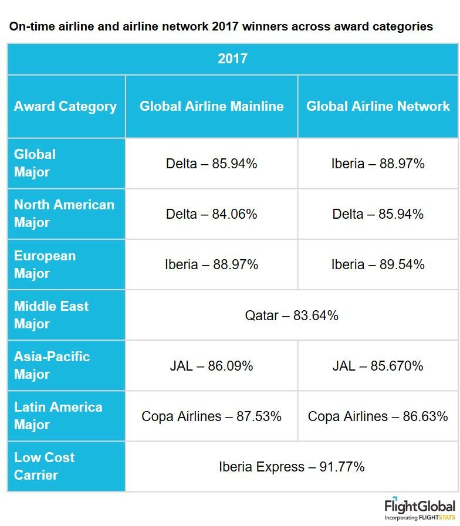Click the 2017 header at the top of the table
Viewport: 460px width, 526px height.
pyautogui.click(x=232, y=59)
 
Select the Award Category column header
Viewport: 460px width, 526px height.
pyautogui.click(x=65, y=106)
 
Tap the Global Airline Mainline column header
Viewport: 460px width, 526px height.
pyautogui.click(x=211, y=106)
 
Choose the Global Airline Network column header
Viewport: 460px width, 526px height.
pyautogui.click(x=378, y=106)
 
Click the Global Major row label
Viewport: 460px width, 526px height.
pyautogui.click(x=35, y=163)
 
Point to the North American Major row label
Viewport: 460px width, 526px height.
pyautogui.click(x=64, y=213)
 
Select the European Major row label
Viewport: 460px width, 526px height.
pyautogui.click(x=45, y=264)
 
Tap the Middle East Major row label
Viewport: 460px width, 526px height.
pyautogui.click(x=51, y=315)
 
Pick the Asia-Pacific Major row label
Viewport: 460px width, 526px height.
pyautogui.click(x=52, y=365)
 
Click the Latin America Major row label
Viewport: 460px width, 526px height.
pyautogui.click(x=58, y=416)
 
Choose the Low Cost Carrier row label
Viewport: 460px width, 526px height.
pyautogui.click(x=44, y=466)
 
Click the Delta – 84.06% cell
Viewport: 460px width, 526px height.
pyautogui.click(x=211, y=214)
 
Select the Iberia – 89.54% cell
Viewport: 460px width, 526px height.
pyautogui.click(x=378, y=264)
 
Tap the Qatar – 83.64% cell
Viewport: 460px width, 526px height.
pyautogui.click(x=292, y=315)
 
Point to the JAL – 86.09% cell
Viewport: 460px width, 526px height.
pyautogui.click(x=211, y=366)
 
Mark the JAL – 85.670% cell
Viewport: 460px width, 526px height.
pyautogui.click(x=378, y=366)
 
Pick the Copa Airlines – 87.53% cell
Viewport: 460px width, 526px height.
pyautogui.click(x=211, y=416)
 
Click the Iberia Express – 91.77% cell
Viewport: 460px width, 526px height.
pyautogui.click(x=292, y=467)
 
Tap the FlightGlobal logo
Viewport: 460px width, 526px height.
pyautogui.click(x=420, y=509)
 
